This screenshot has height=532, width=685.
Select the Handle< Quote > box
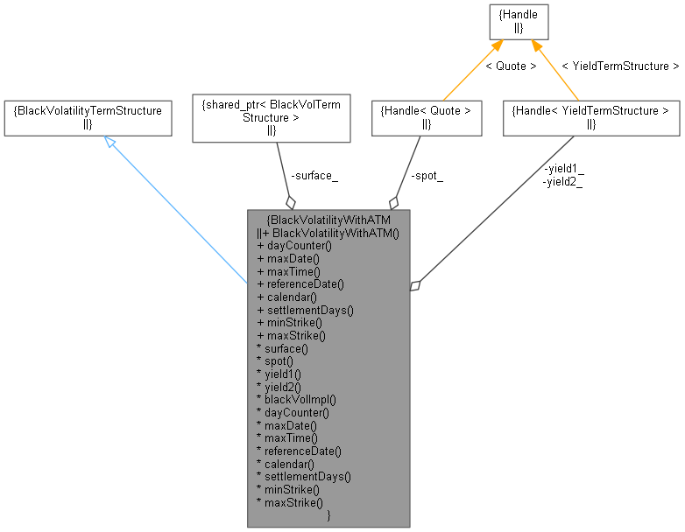coord(427,117)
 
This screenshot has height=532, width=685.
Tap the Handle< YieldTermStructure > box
coord(591,117)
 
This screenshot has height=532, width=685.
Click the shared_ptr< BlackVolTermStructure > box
coord(271,117)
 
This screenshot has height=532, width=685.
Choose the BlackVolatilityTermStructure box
coord(88,117)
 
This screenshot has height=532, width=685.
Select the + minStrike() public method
coord(290,322)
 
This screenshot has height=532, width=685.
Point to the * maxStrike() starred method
coord(290,502)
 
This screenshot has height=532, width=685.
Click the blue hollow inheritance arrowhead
coord(109,141)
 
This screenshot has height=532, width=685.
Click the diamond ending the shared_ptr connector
coord(290,202)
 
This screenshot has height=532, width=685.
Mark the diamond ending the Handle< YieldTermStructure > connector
coord(417,285)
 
